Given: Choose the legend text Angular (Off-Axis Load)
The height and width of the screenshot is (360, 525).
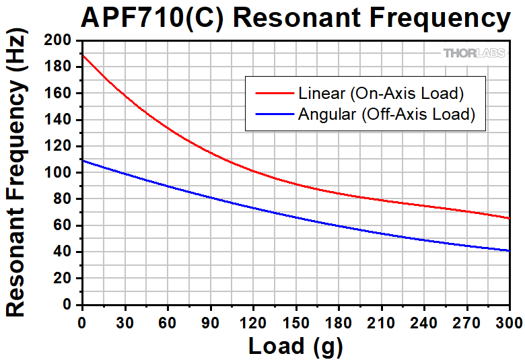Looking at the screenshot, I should coord(386,114).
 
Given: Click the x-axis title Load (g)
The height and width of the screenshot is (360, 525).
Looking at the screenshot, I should coord(295,345).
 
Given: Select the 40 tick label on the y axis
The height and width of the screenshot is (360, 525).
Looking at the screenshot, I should coord(65,252).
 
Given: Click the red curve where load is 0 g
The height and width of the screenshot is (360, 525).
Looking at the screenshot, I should coord(82,55).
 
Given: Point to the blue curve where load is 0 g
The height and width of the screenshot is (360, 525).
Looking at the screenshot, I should coord(82,160).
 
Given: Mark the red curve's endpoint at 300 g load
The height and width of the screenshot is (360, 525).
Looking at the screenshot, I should coord(509,218).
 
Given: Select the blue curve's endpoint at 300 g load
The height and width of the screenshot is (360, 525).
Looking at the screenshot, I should coord(509,250).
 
